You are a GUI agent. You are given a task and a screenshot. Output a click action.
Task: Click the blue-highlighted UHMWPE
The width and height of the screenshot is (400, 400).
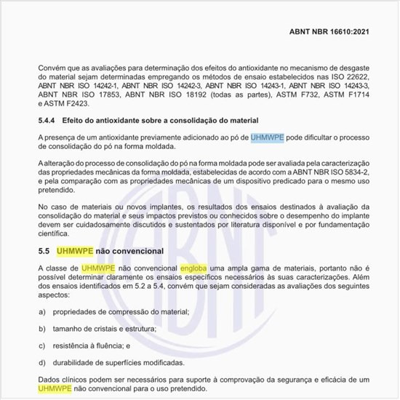point(266,137)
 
